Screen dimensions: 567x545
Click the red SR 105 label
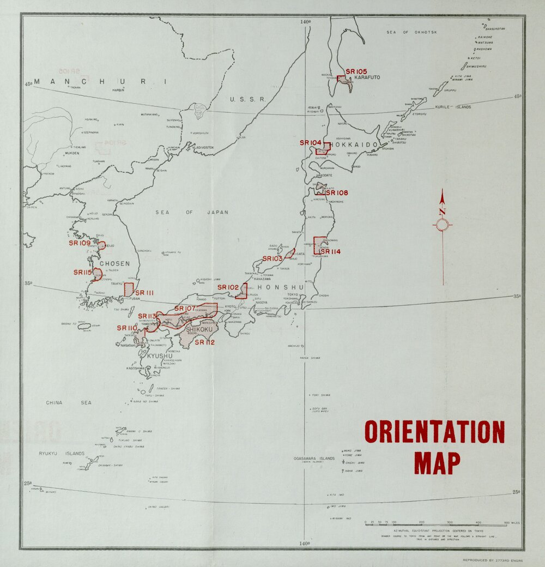tap(356, 71)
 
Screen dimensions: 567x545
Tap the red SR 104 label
tap(311, 143)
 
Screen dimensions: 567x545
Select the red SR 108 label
tap(337, 193)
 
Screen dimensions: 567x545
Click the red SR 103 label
tap(272, 258)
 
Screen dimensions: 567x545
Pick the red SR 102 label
tap(228, 287)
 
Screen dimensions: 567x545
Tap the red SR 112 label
tap(204, 342)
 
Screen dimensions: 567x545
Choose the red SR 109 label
tap(80, 243)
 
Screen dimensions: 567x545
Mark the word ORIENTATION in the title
tap(435, 432)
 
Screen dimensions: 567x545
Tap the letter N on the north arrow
tap(442, 212)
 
